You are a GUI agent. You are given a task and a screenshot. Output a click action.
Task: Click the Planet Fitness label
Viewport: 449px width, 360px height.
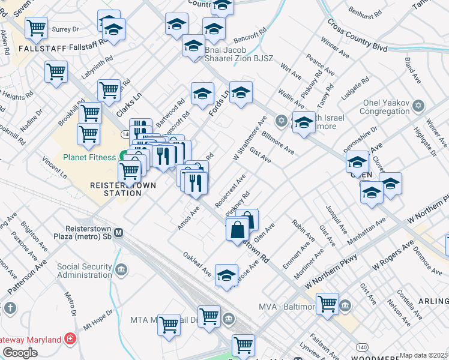89,158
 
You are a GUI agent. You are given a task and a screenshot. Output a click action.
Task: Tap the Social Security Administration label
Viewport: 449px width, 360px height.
84,271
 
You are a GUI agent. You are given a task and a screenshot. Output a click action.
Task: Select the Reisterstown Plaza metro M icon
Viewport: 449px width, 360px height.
119,232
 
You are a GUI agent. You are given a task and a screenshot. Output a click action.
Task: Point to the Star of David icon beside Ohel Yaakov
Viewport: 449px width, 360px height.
419,106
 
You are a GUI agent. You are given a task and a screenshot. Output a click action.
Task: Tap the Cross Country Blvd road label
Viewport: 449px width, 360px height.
357,35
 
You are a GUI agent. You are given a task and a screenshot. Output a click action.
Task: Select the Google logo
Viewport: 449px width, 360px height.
20,353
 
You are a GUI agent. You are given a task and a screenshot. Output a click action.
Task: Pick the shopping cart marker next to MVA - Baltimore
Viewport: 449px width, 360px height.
327,304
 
